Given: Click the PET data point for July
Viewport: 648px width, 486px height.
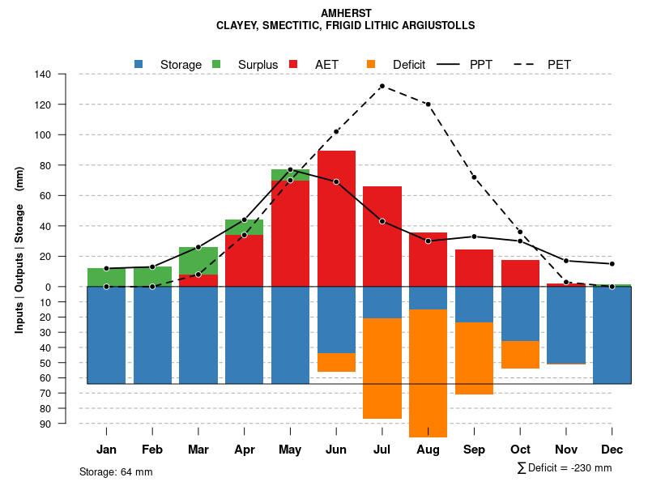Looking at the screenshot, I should [x=382, y=86].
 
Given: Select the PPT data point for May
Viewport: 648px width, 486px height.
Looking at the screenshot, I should [x=290, y=169].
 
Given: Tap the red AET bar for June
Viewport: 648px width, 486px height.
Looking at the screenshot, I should [x=336, y=219].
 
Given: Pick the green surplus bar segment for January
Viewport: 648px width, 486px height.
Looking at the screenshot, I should [x=106, y=277].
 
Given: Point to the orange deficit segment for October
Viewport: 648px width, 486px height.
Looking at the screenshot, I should [x=520, y=355].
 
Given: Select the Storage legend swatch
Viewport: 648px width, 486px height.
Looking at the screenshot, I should [x=139, y=64].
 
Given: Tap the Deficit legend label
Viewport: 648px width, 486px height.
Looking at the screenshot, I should [x=409, y=64].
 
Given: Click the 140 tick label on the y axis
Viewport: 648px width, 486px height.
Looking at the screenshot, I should [x=66, y=75].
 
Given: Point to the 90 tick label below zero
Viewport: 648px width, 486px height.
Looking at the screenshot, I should [x=68, y=424].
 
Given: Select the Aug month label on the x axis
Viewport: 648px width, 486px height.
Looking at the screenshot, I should [x=428, y=450].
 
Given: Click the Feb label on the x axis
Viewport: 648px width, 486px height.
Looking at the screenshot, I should [x=152, y=450].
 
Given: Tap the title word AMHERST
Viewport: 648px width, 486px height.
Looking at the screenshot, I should [x=345, y=14].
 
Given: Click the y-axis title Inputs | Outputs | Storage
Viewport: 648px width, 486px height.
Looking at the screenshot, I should [x=19, y=249].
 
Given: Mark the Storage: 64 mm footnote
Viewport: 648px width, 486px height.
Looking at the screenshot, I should [x=116, y=471].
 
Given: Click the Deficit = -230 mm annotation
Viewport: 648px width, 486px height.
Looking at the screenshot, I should [x=565, y=467].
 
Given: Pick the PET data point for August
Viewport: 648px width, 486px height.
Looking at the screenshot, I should [x=428, y=104].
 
